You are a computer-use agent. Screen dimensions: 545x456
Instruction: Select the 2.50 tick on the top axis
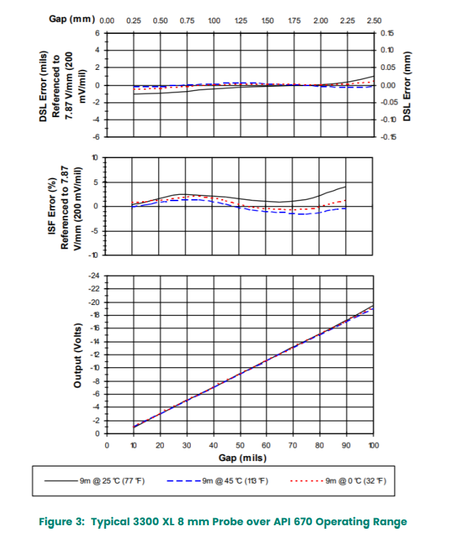pos(374,20)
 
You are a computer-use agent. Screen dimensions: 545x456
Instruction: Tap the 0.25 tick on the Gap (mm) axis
pos(133,20)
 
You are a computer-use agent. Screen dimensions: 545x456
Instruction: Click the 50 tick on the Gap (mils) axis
pos(240,445)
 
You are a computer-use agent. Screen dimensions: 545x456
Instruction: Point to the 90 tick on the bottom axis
pos(347,445)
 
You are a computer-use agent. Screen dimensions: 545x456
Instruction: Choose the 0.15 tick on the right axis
pos(387,33)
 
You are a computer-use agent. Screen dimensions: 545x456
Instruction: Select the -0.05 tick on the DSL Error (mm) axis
pos(388,102)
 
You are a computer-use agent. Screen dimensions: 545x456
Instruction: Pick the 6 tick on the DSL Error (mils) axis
pos(98,33)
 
